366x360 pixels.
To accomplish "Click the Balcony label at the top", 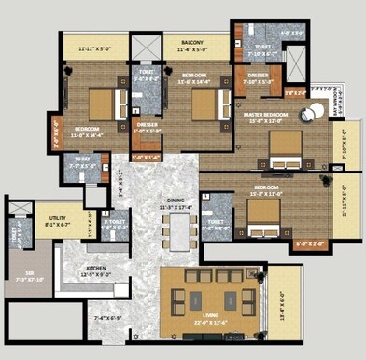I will click(192, 41).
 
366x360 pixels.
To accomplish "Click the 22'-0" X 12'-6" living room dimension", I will click(209, 325).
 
